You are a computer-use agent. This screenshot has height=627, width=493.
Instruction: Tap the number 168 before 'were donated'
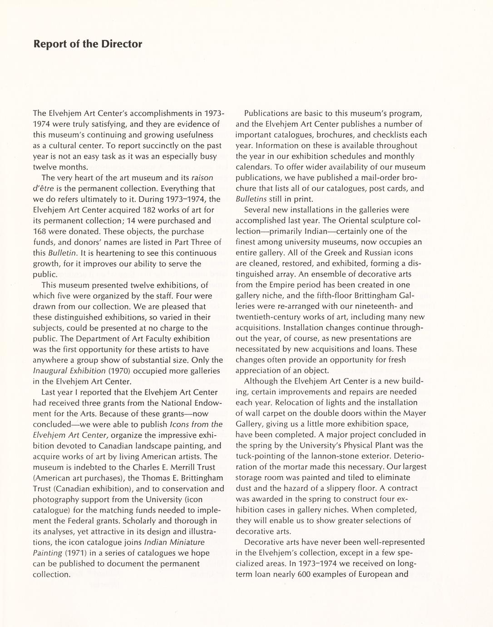click(40, 231)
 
